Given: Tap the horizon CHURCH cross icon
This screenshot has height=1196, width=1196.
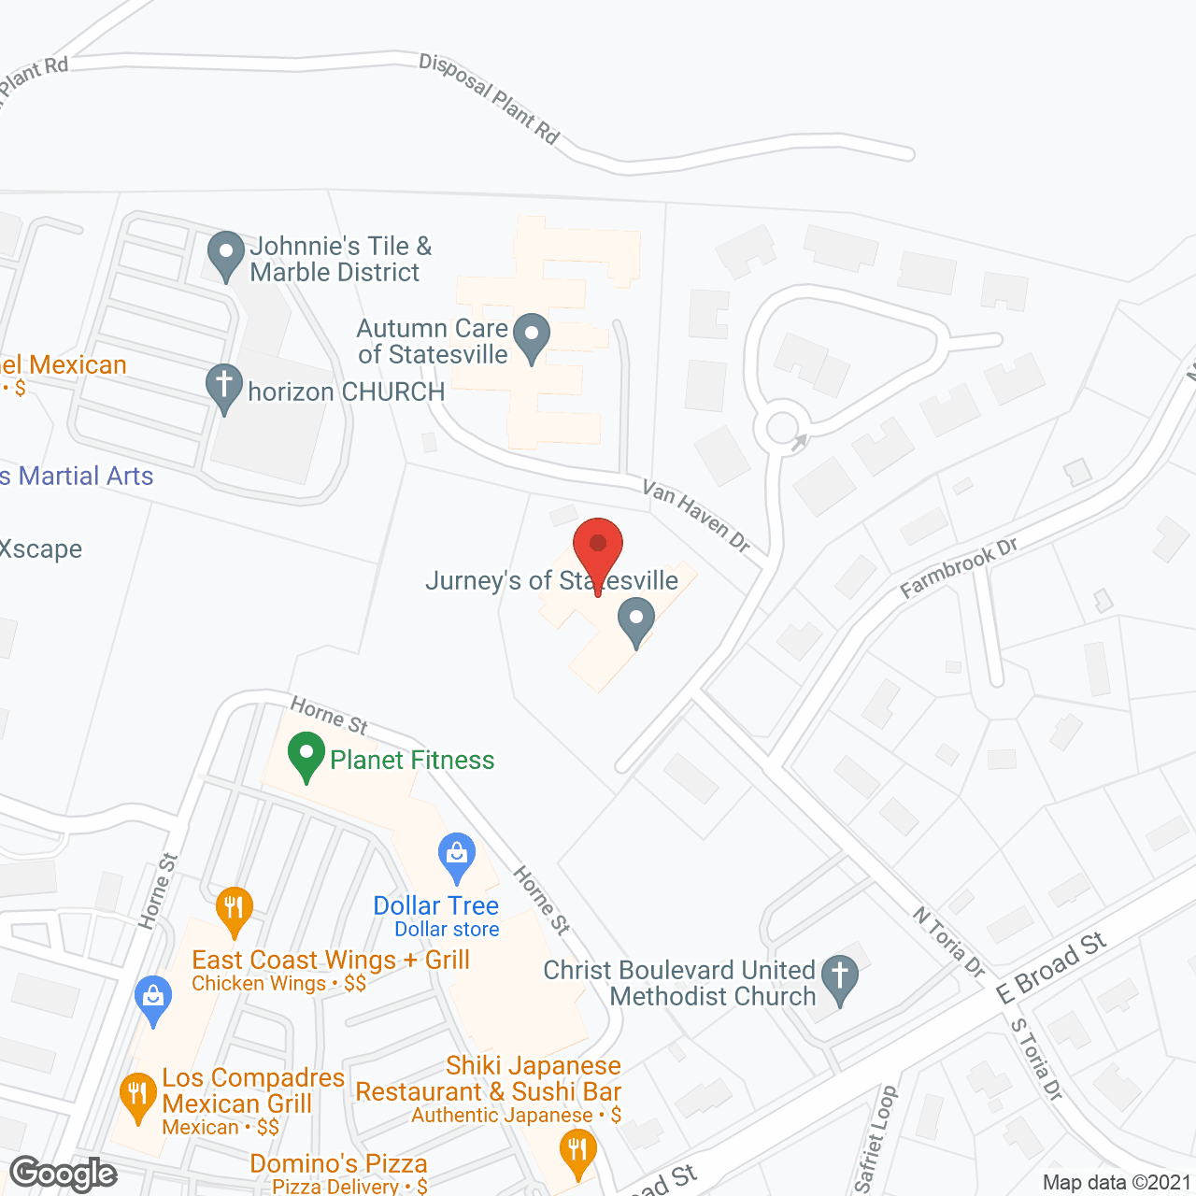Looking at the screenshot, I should click(x=224, y=387).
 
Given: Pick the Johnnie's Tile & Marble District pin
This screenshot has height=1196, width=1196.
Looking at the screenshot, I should click(x=225, y=254).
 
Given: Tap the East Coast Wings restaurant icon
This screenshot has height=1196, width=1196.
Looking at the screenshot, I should click(x=234, y=910).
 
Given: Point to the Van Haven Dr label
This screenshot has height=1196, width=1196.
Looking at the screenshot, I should click(x=696, y=516).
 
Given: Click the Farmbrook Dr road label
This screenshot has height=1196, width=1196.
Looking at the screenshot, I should click(x=959, y=568).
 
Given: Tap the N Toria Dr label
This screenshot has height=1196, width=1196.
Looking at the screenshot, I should click(x=949, y=942).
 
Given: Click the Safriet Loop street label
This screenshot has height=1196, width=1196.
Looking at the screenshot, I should click(x=876, y=1139).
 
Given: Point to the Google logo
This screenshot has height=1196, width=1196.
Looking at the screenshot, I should click(x=64, y=1174).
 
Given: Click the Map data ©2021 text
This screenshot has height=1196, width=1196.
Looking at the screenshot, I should click(x=1117, y=1182).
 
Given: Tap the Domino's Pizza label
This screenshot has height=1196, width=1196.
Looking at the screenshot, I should click(x=338, y=1163).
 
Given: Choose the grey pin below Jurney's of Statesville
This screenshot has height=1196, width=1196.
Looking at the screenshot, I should click(x=636, y=620).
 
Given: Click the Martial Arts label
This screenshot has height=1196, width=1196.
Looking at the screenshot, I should click(x=85, y=477).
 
